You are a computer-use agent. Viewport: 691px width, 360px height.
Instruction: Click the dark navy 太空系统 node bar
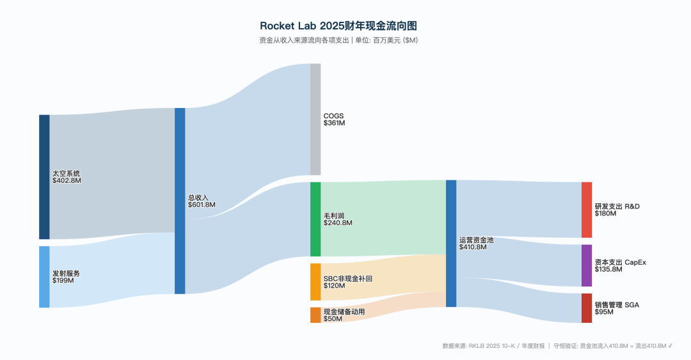(44, 176)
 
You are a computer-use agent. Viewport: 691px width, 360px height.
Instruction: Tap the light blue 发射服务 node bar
(44, 276)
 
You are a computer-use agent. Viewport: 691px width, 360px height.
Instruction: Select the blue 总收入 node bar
(180, 201)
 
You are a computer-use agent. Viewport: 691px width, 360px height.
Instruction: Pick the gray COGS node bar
(315, 119)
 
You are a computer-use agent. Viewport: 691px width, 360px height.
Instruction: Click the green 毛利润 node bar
(315, 219)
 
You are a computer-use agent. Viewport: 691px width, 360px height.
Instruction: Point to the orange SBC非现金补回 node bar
(315, 281)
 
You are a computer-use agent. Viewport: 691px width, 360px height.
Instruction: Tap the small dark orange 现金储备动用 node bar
(315, 315)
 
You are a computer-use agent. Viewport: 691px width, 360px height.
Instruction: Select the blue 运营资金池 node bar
(451, 243)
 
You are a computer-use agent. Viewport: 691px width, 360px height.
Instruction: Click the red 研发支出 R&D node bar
(587, 210)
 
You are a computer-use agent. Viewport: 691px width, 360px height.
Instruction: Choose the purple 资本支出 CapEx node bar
(587, 265)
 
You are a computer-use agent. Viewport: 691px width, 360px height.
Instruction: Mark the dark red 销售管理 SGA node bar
(587, 308)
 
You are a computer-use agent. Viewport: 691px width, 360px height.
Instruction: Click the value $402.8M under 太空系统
(67, 181)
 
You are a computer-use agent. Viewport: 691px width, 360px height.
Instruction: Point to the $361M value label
(334, 123)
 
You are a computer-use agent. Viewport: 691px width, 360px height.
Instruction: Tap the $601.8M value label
(202, 205)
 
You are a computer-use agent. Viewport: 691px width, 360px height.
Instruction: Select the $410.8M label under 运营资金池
(473, 247)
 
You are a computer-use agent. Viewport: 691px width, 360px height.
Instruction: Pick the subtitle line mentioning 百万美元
(338, 40)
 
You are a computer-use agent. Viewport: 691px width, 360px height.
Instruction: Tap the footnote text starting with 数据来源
(557, 346)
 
